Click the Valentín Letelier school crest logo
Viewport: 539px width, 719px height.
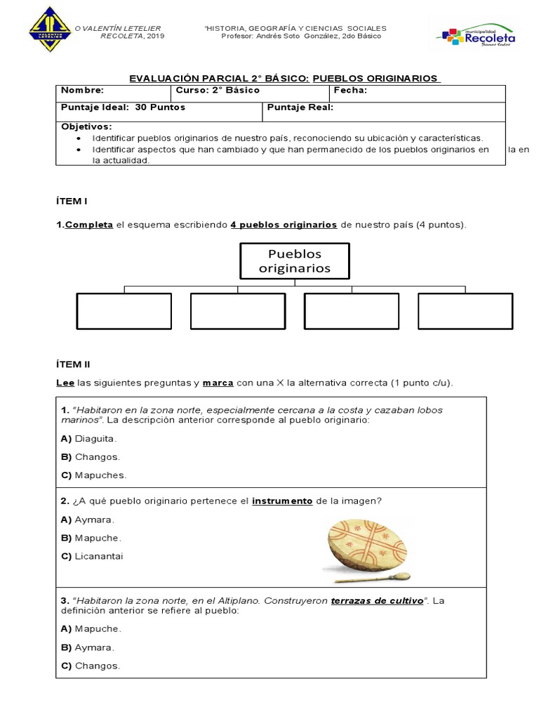[x=51, y=29]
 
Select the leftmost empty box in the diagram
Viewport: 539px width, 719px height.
[x=124, y=311]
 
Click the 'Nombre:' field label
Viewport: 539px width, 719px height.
[x=83, y=90]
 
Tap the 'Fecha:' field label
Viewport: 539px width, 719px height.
[x=350, y=90]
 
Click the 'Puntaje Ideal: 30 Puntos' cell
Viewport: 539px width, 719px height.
[x=124, y=107]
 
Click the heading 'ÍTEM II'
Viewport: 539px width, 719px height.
[x=73, y=364]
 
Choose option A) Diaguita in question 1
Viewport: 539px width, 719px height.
[x=89, y=438]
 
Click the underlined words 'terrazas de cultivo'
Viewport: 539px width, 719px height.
[x=377, y=601]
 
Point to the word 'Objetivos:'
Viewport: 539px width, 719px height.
[x=86, y=126]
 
